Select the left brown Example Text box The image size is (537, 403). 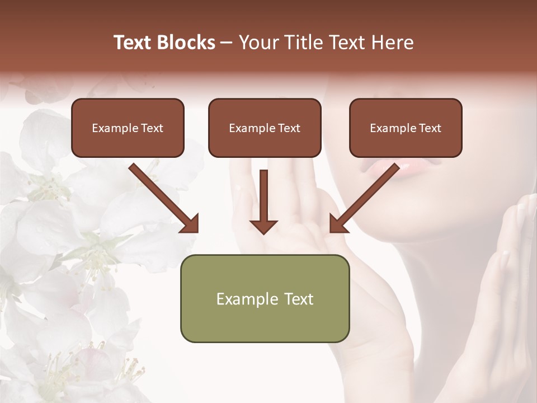128,128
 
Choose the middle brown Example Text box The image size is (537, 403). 265,128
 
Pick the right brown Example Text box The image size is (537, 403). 406,128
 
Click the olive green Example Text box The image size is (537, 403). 265,298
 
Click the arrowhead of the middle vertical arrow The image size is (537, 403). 263,226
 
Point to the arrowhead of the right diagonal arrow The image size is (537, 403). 338,224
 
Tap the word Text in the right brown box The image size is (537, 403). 430,128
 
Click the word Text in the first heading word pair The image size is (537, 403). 133,43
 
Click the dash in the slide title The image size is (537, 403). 227,43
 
